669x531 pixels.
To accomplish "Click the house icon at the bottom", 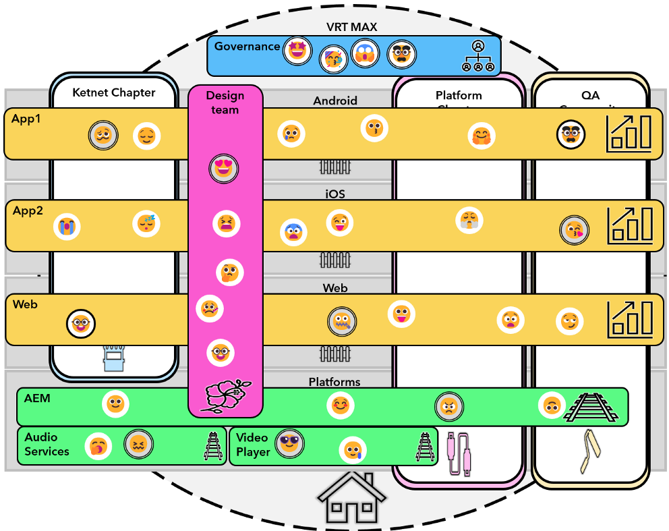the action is click(x=351, y=499).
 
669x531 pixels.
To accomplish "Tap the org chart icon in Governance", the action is click(x=478, y=56).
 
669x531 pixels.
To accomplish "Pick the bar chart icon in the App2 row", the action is click(x=630, y=225).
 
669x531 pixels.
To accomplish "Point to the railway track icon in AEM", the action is click(x=591, y=407).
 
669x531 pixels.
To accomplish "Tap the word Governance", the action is click(x=247, y=47).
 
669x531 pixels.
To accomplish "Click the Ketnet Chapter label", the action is click(x=114, y=92).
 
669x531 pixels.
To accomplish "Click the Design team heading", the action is click(x=225, y=102).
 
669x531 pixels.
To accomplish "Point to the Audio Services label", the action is click(x=47, y=444).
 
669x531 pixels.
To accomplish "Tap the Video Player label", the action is click(x=253, y=445).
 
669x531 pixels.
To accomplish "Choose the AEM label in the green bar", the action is click(x=37, y=398).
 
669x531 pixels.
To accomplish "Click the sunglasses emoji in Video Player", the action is click(x=289, y=443).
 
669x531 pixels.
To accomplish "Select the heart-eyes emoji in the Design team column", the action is click(x=223, y=168).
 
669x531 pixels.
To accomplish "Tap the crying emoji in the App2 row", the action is click(x=67, y=227).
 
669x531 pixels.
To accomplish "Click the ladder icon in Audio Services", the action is click(x=213, y=446).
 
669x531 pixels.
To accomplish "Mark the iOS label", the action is click(x=335, y=194).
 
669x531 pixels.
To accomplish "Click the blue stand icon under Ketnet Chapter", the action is click(x=114, y=358).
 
